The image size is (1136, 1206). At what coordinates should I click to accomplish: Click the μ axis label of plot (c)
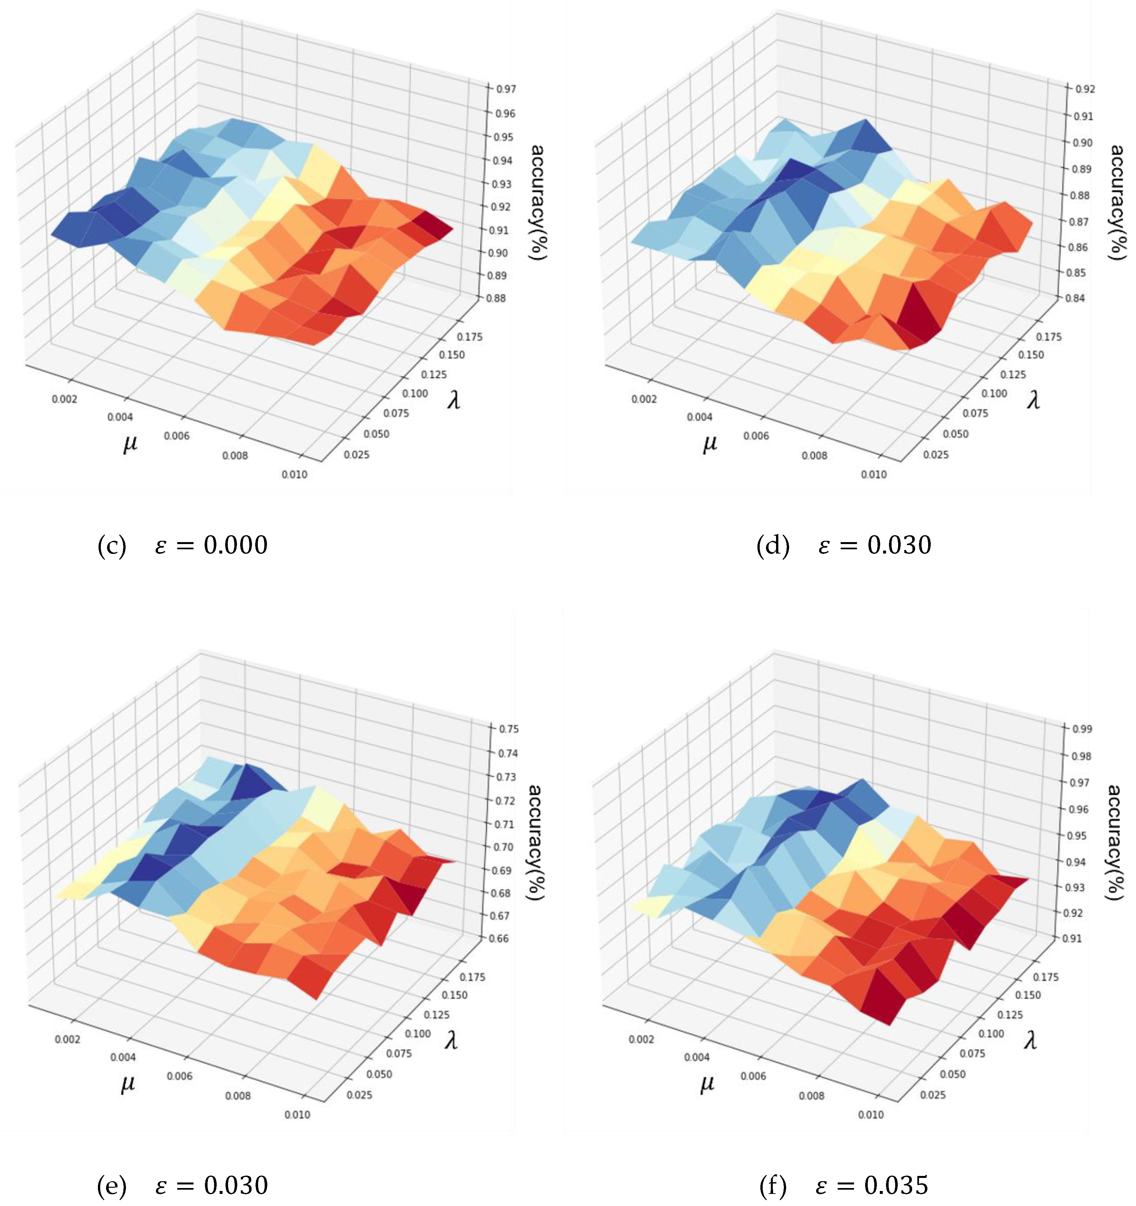pos(130,443)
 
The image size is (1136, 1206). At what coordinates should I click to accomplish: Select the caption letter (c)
pos(112,545)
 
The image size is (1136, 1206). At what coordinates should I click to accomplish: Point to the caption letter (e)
pos(112,1185)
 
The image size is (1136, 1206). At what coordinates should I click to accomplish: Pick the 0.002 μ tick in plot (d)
pos(644,399)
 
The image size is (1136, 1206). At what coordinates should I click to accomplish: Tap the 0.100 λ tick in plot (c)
pos(415,393)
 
